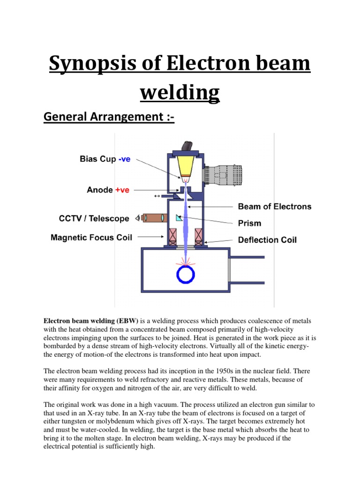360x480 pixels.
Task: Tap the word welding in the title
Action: click(x=180, y=92)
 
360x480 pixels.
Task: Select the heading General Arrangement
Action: click(x=109, y=117)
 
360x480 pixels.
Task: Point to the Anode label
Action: click(x=100, y=190)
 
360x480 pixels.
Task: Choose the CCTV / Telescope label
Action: click(x=94, y=218)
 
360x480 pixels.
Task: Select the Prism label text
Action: click(x=250, y=223)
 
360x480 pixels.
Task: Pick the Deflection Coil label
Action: click(x=267, y=240)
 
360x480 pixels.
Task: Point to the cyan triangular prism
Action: click(x=180, y=217)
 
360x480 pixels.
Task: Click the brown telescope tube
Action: click(x=153, y=218)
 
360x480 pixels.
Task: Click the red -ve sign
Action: click(x=124, y=159)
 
